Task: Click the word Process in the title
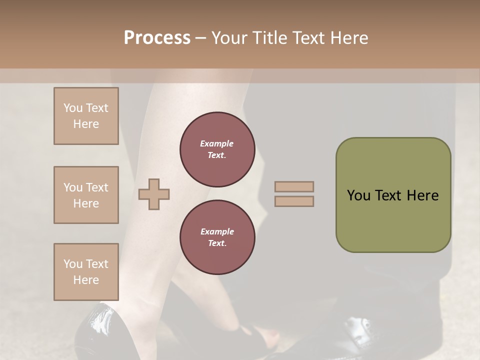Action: click(157, 38)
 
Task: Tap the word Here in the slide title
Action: click(349, 38)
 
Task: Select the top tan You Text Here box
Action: click(86, 116)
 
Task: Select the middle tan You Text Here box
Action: click(86, 195)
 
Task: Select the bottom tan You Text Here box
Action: click(86, 272)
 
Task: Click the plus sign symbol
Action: click(154, 194)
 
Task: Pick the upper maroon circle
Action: click(217, 149)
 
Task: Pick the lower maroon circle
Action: click(217, 237)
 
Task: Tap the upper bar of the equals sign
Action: click(294, 187)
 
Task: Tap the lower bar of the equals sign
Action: click(294, 201)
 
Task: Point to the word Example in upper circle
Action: click(217, 143)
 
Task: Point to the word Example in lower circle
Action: click(217, 231)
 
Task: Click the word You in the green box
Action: click(358, 195)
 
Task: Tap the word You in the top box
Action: click(73, 108)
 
